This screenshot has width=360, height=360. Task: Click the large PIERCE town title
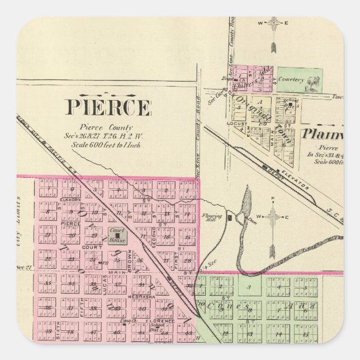(108, 106)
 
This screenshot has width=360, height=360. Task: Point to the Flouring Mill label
(215, 217)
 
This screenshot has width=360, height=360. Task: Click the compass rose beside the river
(273, 218)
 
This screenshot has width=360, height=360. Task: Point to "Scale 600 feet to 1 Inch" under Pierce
(107, 145)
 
